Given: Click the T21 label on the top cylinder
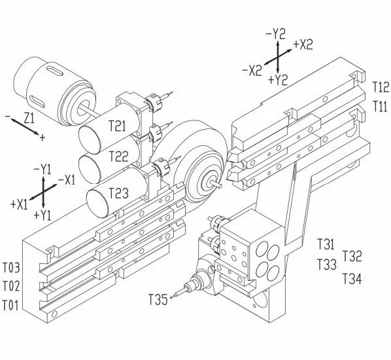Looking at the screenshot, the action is click(x=118, y=125).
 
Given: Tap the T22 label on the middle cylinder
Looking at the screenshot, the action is click(x=119, y=156).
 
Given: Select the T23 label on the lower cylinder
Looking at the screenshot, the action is click(x=119, y=193).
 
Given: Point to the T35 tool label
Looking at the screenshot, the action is click(x=158, y=299).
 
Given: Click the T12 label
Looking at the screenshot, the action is click(x=381, y=87).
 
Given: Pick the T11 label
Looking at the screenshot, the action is click(x=380, y=106).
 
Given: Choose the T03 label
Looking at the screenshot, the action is click(x=11, y=267).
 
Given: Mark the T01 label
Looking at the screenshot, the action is click(x=10, y=305).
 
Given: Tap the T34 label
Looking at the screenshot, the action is click(x=352, y=279).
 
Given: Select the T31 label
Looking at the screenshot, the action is click(x=326, y=244).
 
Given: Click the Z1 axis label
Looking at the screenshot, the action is click(x=29, y=118).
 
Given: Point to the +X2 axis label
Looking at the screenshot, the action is click(x=303, y=45).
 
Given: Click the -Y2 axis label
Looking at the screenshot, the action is click(x=275, y=34).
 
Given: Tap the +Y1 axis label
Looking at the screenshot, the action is click(x=42, y=215).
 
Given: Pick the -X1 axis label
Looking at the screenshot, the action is click(x=67, y=180).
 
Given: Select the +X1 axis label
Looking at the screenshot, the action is click(x=19, y=204).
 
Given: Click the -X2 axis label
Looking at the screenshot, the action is click(x=252, y=71).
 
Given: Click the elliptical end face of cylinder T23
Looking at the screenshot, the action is click(x=97, y=203).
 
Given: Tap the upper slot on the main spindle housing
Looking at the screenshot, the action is click(x=54, y=71).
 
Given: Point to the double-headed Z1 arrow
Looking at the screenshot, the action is click(x=25, y=127).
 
